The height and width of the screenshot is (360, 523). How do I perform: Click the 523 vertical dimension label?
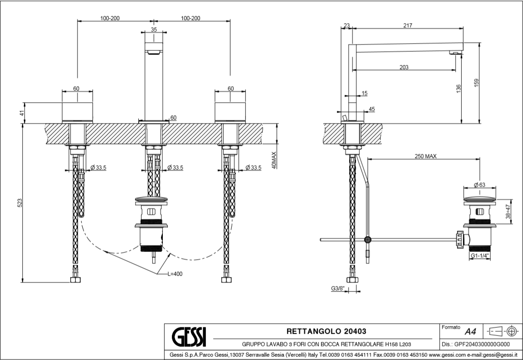pyautogui.click(x=20, y=203)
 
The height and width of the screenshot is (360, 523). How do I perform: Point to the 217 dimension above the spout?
pyautogui.click(x=407, y=26)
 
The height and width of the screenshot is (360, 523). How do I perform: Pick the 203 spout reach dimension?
pyautogui.click(x=404, y=67)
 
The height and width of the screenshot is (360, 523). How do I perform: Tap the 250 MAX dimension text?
pyautogui.click(x=425, y=156)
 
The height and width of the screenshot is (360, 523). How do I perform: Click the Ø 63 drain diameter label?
pyautogui.click(x=479, y=185)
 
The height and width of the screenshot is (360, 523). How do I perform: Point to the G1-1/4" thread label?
pyautogui.click(x=479, y=256)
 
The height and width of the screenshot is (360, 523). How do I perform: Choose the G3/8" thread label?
pyautogui.click(x=337, y=289)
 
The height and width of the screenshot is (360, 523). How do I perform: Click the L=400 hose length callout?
pyautogui.click(x=175, y=274)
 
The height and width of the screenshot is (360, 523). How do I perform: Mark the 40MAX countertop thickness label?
pyautogui.click(x=273, y=160)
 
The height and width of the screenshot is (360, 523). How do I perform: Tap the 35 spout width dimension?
pyautogui.click(x=154, y=30)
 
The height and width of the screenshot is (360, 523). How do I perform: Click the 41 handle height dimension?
pyautogui.click(x=21, y=113)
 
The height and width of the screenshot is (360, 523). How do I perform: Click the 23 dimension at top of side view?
pyautogui.click(x=347, y=26)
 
